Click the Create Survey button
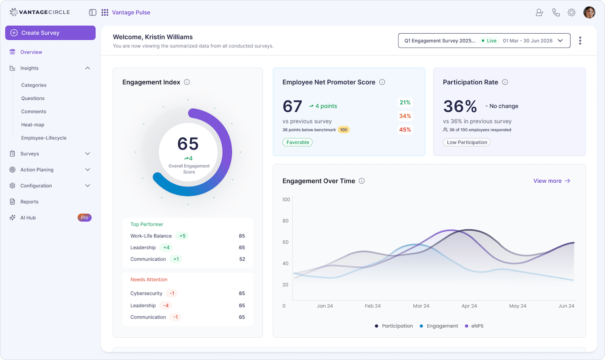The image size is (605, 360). coord(50,33)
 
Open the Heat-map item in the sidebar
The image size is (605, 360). coord(33,125)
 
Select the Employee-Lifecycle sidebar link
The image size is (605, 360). coord(44,138)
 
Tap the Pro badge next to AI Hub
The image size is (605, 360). coord(84,218)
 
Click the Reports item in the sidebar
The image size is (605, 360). coord(29,202)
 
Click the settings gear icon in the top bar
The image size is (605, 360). coord(571,13)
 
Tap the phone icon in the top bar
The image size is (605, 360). coord(556,13)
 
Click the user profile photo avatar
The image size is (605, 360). coord(589,13)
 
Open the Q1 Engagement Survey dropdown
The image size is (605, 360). coord(484,41)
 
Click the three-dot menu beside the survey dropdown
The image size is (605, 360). coord(580,41)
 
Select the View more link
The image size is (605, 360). coord(552,181)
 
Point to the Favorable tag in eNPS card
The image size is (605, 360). coord(297,142)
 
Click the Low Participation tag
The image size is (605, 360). coord(467,142)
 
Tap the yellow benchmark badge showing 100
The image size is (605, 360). coord(344,130)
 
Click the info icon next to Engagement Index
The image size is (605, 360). coord(187,82)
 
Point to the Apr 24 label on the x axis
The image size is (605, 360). coord(469,306)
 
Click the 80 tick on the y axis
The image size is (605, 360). coord(286,221)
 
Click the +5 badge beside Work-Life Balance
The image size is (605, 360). coord(182,236)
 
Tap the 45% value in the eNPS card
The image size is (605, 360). coord(405,130)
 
